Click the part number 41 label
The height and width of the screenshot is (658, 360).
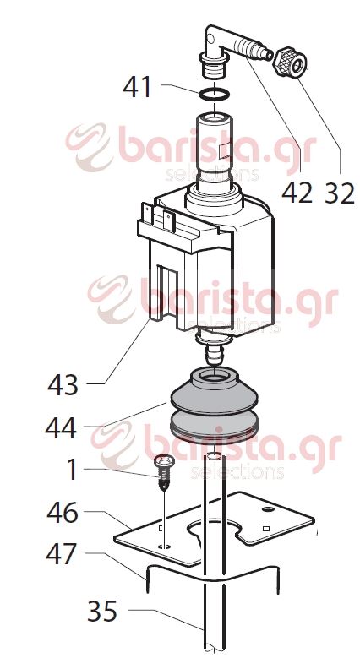point(137,87)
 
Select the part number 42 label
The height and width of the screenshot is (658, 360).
point(297,193)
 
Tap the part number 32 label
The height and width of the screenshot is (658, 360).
point(340,193)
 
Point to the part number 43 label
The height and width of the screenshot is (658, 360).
point(63,385)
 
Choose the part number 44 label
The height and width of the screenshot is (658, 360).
point(62,428)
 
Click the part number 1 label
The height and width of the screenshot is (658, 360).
point(72,469)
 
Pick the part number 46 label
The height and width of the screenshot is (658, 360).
point(63,513)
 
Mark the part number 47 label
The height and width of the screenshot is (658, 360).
point(62,554)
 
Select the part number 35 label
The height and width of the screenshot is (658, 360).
point(103,611)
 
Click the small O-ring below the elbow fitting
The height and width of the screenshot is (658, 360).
point(214,95)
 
